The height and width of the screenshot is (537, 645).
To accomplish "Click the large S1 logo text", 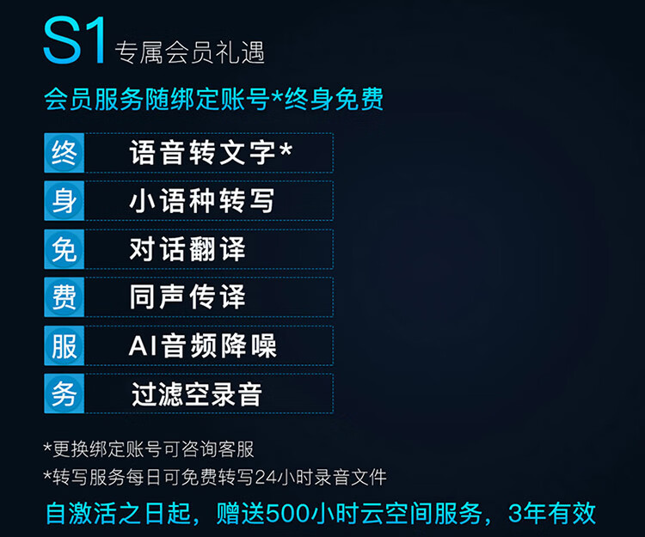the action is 74,40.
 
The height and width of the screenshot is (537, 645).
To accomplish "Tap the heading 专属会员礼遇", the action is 190,52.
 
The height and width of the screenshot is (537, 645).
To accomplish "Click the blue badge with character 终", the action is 64,153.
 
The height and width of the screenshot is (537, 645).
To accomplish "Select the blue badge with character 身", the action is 64,201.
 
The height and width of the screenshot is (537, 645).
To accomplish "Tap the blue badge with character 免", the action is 64,249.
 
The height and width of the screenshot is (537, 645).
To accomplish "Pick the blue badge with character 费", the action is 64,297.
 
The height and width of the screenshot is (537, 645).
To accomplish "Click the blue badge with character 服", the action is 64,345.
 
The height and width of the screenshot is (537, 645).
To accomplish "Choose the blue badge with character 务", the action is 64,394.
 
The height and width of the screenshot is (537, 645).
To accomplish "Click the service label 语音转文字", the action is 202,152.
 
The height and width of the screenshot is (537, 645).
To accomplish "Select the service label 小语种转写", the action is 202,201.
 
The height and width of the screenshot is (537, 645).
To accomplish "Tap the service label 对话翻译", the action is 187,249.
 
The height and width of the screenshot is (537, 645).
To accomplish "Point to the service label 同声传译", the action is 187,297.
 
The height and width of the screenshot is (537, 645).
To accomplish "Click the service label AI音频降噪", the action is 202,345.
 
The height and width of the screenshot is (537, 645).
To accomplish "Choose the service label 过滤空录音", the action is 197,394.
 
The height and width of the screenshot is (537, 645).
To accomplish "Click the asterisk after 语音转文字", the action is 286,150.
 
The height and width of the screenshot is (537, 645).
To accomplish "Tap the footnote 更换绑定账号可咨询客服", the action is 153,449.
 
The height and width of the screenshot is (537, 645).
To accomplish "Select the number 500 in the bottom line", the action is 287,514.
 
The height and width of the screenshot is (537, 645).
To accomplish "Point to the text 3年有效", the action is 551,513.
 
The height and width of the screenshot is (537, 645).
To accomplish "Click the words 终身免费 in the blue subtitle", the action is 334,99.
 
